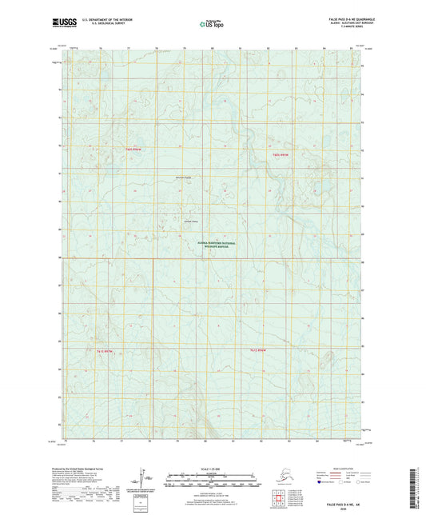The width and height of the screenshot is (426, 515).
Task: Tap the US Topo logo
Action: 213,25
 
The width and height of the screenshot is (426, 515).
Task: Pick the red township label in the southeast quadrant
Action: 254,349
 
